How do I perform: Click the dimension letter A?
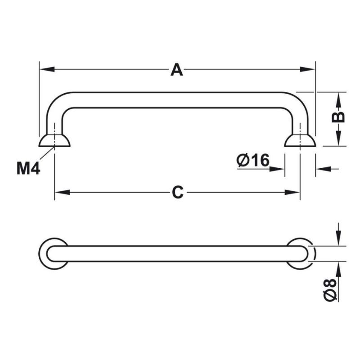(177, 70)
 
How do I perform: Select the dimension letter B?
(338, 117)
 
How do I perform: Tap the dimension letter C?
(178, 192)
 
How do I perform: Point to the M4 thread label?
(28, 168)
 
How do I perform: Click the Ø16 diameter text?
(253, 160)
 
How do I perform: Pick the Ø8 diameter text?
(330, 289)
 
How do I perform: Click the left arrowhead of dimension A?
(47, 69)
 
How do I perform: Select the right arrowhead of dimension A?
(307, 69)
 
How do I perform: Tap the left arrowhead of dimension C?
(62, 193)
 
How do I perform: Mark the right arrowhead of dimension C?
(292, 193)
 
